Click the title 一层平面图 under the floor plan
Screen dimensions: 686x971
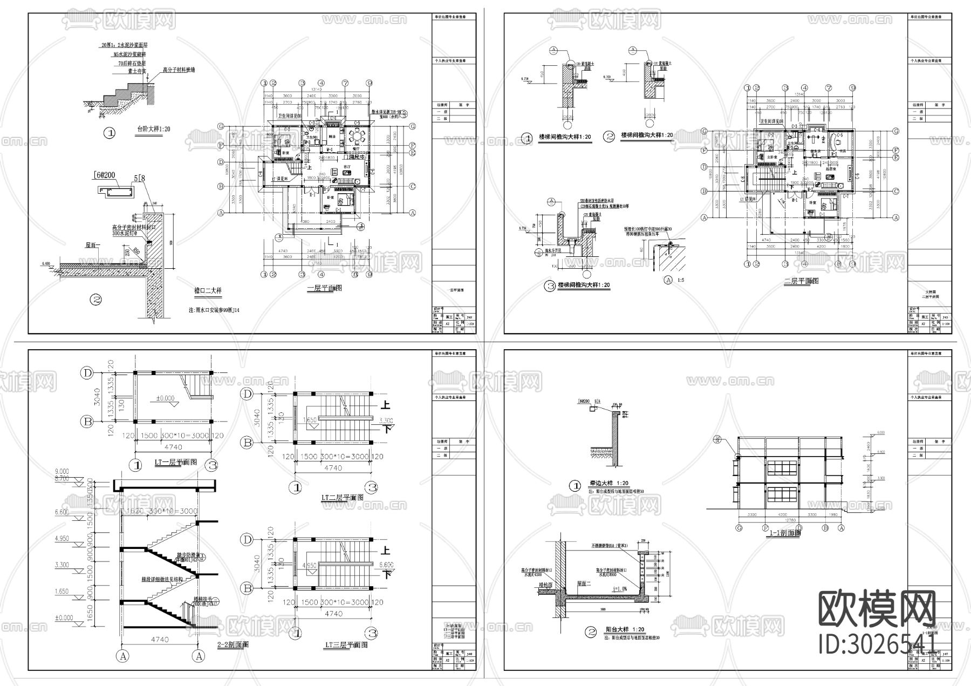324,288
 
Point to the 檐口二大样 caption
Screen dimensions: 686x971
208,290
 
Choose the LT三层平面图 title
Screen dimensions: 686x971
346,645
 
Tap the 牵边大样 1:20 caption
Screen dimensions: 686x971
608,484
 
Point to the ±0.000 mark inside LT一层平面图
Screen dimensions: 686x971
165,398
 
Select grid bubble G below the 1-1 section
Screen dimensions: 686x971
737,530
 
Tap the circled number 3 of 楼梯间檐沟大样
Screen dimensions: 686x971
550,286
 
